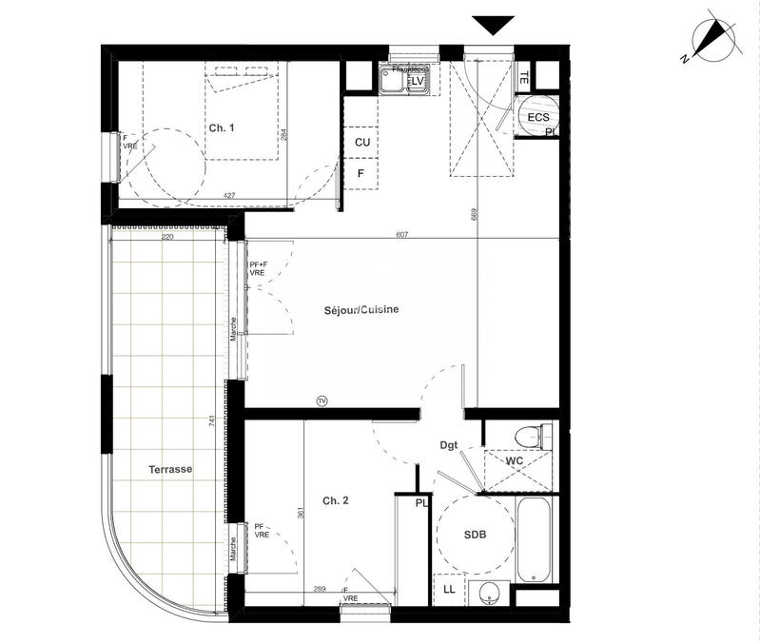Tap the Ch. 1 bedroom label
tap(221, 127)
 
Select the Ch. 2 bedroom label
tap(335, 500)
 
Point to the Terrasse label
tap(170, 470)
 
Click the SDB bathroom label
tap(476, 536)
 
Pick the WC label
tap(515, 460)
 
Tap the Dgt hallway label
tap(450, 444)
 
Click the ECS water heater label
tap(538, 117)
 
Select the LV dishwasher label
tap(417, 82)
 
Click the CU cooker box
tap(362, 142)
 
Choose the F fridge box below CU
tap(361, 173)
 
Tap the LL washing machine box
tap(449, 590)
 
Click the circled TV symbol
tap(322, 400)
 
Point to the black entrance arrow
tap(493, 26)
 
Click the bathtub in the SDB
tap(536, 539)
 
